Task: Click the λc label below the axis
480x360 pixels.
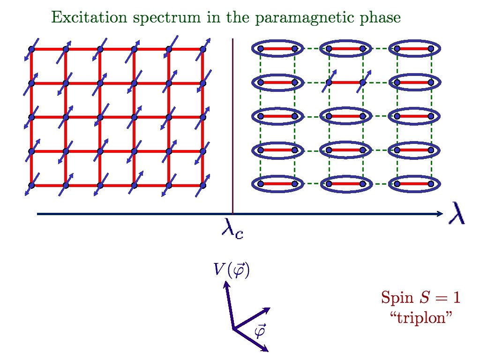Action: pos(232,230)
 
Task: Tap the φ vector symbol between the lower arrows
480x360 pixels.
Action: pos(259,331)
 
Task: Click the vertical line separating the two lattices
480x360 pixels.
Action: pos(233,127)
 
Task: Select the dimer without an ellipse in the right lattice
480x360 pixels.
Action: pos(345,82)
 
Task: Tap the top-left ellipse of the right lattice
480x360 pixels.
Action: pos(277,48)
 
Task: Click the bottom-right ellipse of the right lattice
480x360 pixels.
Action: pos(414,184)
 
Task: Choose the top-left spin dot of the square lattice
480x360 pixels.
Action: pos(31,49)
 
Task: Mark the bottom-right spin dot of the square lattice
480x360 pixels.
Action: pos(203,185)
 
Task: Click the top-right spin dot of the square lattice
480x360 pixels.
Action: pos(203,49)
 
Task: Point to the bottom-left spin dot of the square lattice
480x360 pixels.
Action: pos(31,185)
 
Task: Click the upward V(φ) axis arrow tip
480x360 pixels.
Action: pos(226,283)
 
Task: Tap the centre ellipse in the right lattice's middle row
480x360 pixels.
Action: pos(345,116)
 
